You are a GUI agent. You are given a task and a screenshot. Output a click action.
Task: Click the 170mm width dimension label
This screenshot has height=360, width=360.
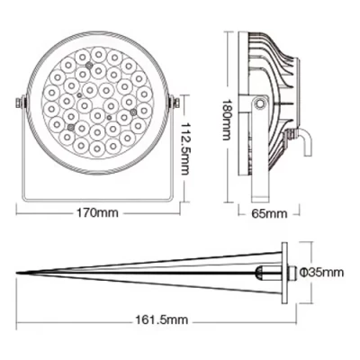[x=99, y=214]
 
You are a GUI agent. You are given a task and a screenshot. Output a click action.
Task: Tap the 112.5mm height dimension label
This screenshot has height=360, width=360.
[x=185, y=143]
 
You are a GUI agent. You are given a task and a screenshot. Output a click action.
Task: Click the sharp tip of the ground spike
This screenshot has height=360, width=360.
[x=19, y=272]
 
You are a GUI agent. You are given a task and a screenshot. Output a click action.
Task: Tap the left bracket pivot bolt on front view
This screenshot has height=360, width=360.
[x=20, y=107]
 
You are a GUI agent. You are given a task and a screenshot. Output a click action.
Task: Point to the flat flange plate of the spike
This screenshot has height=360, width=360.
[x=284, y=272]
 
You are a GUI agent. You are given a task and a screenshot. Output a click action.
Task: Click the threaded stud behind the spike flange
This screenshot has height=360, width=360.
[x=292, y=272]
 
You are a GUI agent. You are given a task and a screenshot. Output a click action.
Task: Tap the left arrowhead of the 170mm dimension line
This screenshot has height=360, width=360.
[x=21, y=214]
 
